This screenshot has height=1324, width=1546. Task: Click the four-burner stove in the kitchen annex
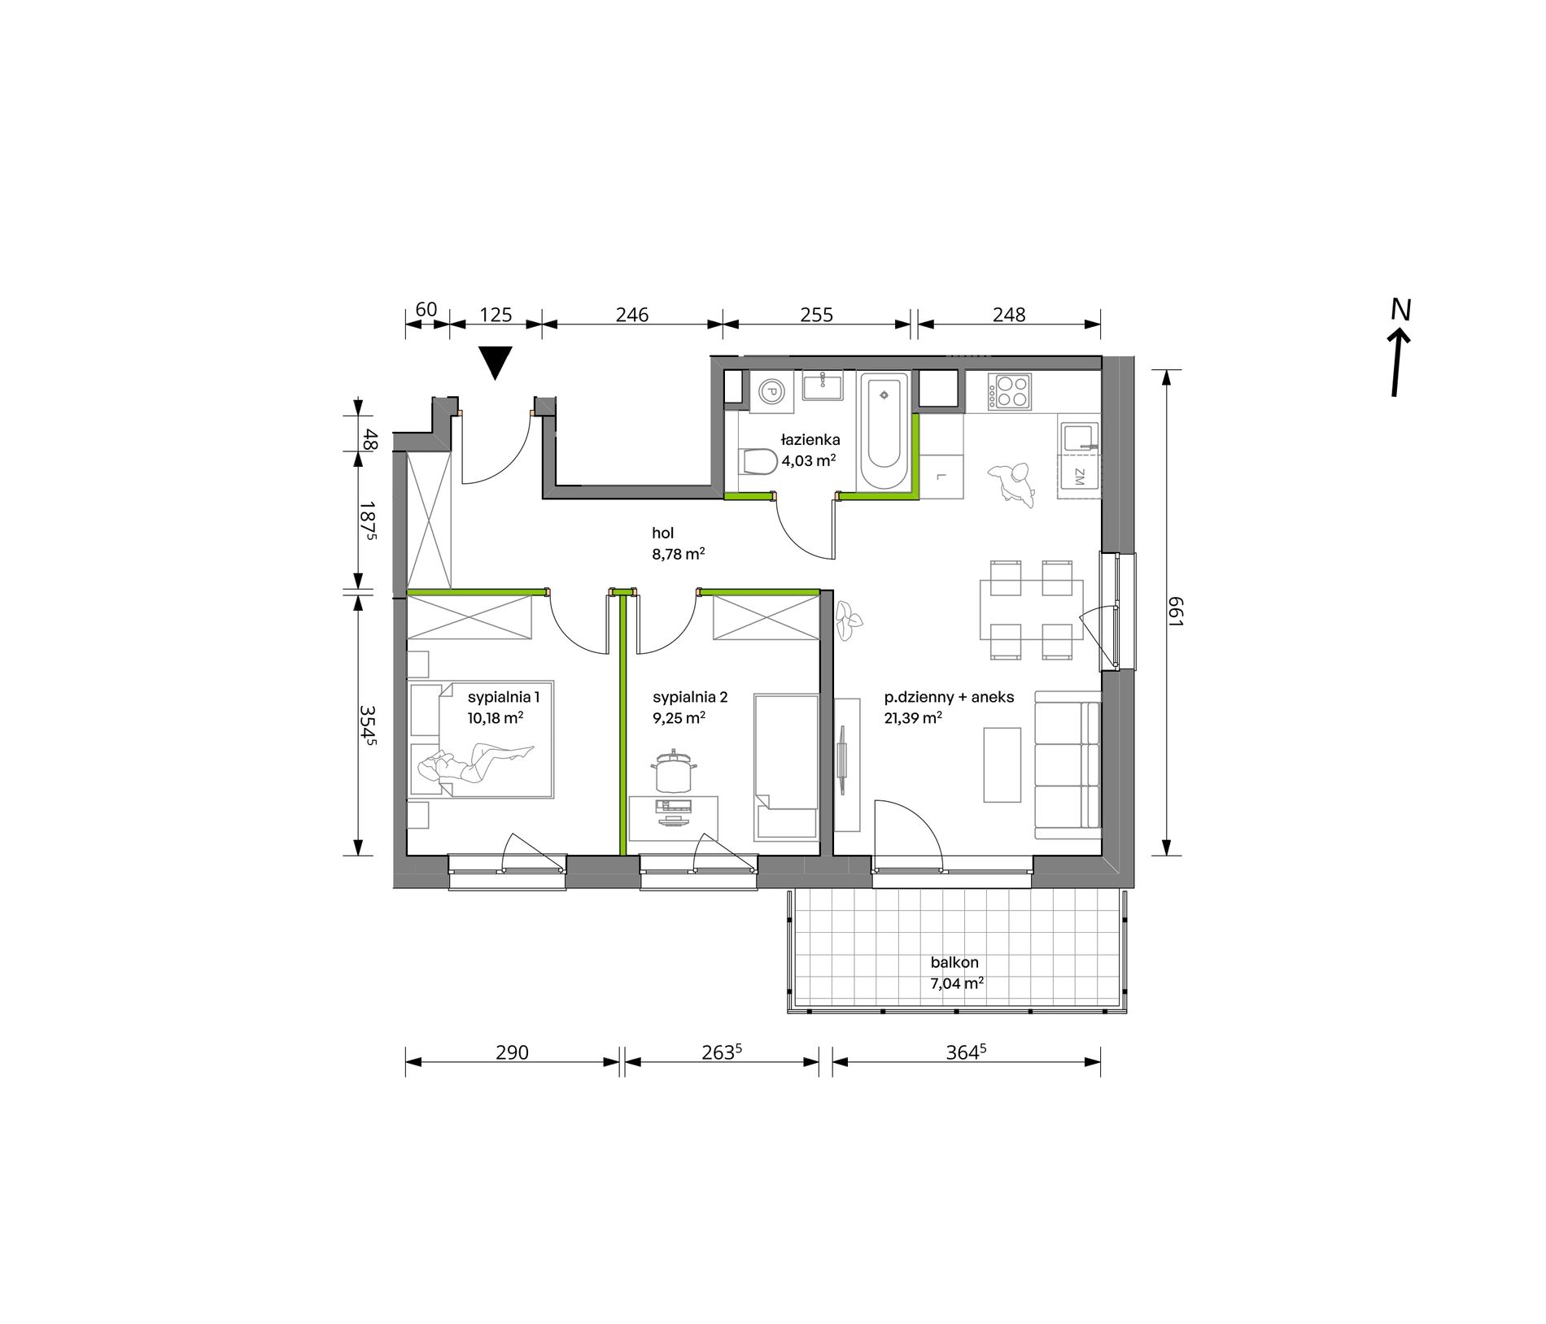point(1010,391)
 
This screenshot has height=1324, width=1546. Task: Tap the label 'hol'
point(662,534)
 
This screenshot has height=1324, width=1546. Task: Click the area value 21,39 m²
point(913,718)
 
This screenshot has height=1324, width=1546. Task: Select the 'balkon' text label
point(954,962)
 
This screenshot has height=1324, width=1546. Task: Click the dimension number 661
point(1175,611)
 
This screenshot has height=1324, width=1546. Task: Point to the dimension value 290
point(512,1052)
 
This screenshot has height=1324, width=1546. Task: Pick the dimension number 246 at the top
point(631,315)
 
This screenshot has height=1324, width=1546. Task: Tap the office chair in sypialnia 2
point(672,771)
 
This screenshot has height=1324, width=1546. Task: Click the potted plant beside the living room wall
point(848,621)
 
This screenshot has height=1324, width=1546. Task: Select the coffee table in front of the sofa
point(1002,764)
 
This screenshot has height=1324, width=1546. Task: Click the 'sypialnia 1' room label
point(503,697)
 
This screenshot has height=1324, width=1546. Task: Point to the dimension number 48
point(371,440)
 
